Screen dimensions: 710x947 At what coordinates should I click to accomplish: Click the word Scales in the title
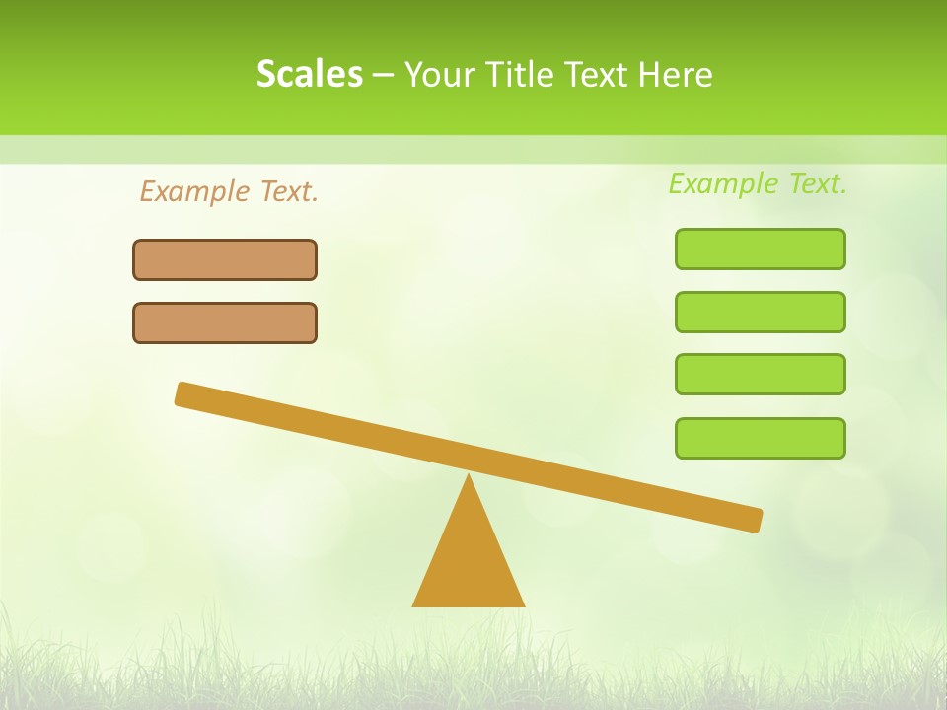[x=309, y=74]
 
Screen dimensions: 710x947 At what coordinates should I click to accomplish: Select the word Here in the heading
[x=675, y=74]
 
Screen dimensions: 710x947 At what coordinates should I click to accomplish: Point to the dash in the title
[x=384, y=75]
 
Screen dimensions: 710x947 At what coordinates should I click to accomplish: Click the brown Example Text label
[x=229, y=191]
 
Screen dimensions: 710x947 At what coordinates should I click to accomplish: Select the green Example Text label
[x=758, y=183]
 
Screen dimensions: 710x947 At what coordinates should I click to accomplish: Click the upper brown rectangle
[x=225, y=259]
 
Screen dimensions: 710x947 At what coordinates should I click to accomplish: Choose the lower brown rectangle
[x=225, y=322]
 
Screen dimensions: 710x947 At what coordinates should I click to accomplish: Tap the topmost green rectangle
[x=761, y=248]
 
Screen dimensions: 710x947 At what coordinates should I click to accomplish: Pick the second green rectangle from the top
[x=761, y=312]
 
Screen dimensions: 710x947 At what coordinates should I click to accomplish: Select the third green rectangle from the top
[x=761, y=374]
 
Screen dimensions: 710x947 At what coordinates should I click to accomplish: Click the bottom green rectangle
[x=761, y=438]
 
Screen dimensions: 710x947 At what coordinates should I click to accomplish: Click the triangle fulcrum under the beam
[x=469, y=562]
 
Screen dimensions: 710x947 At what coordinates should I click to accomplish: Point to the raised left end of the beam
[x=183, y=393]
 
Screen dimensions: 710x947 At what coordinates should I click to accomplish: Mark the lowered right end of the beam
[x=755, y=520]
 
